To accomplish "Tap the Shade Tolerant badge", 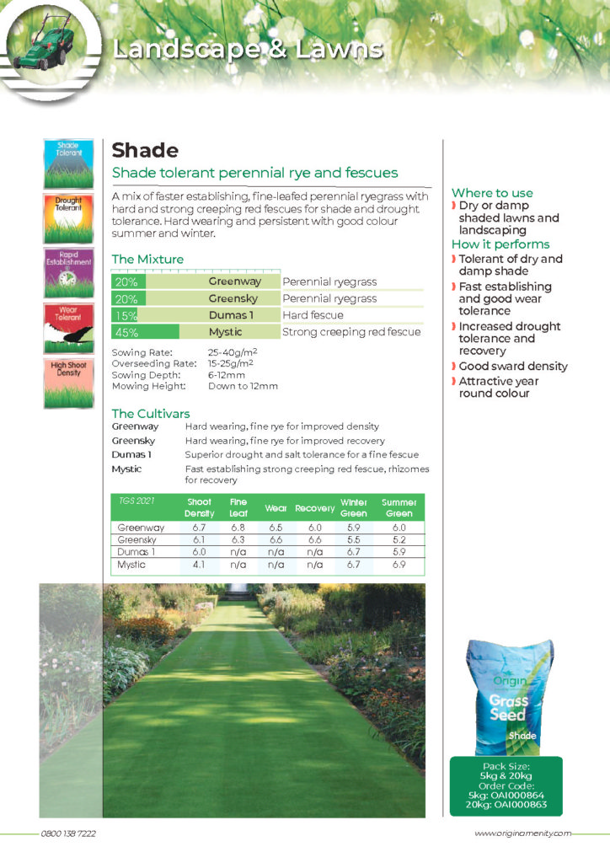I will tap(68, 163).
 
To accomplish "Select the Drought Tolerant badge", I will tap(68, 218).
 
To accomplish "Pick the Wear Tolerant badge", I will tap(68, 328).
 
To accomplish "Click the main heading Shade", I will tap(145, 151).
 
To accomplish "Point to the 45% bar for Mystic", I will tap(146, 332).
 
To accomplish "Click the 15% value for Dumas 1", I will tap(126, 315).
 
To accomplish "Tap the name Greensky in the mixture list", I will tap(233, 298).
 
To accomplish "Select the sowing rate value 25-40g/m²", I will tap(233, 352).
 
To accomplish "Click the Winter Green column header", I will tap(354, 507).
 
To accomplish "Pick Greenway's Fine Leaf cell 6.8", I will tap(238, 528).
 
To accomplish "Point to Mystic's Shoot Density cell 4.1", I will tap(199, 566).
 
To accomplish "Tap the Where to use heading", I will tap(492, 193).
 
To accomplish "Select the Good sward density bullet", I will tap(513, 367).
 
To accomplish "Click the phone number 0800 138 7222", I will tap(68, 834).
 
